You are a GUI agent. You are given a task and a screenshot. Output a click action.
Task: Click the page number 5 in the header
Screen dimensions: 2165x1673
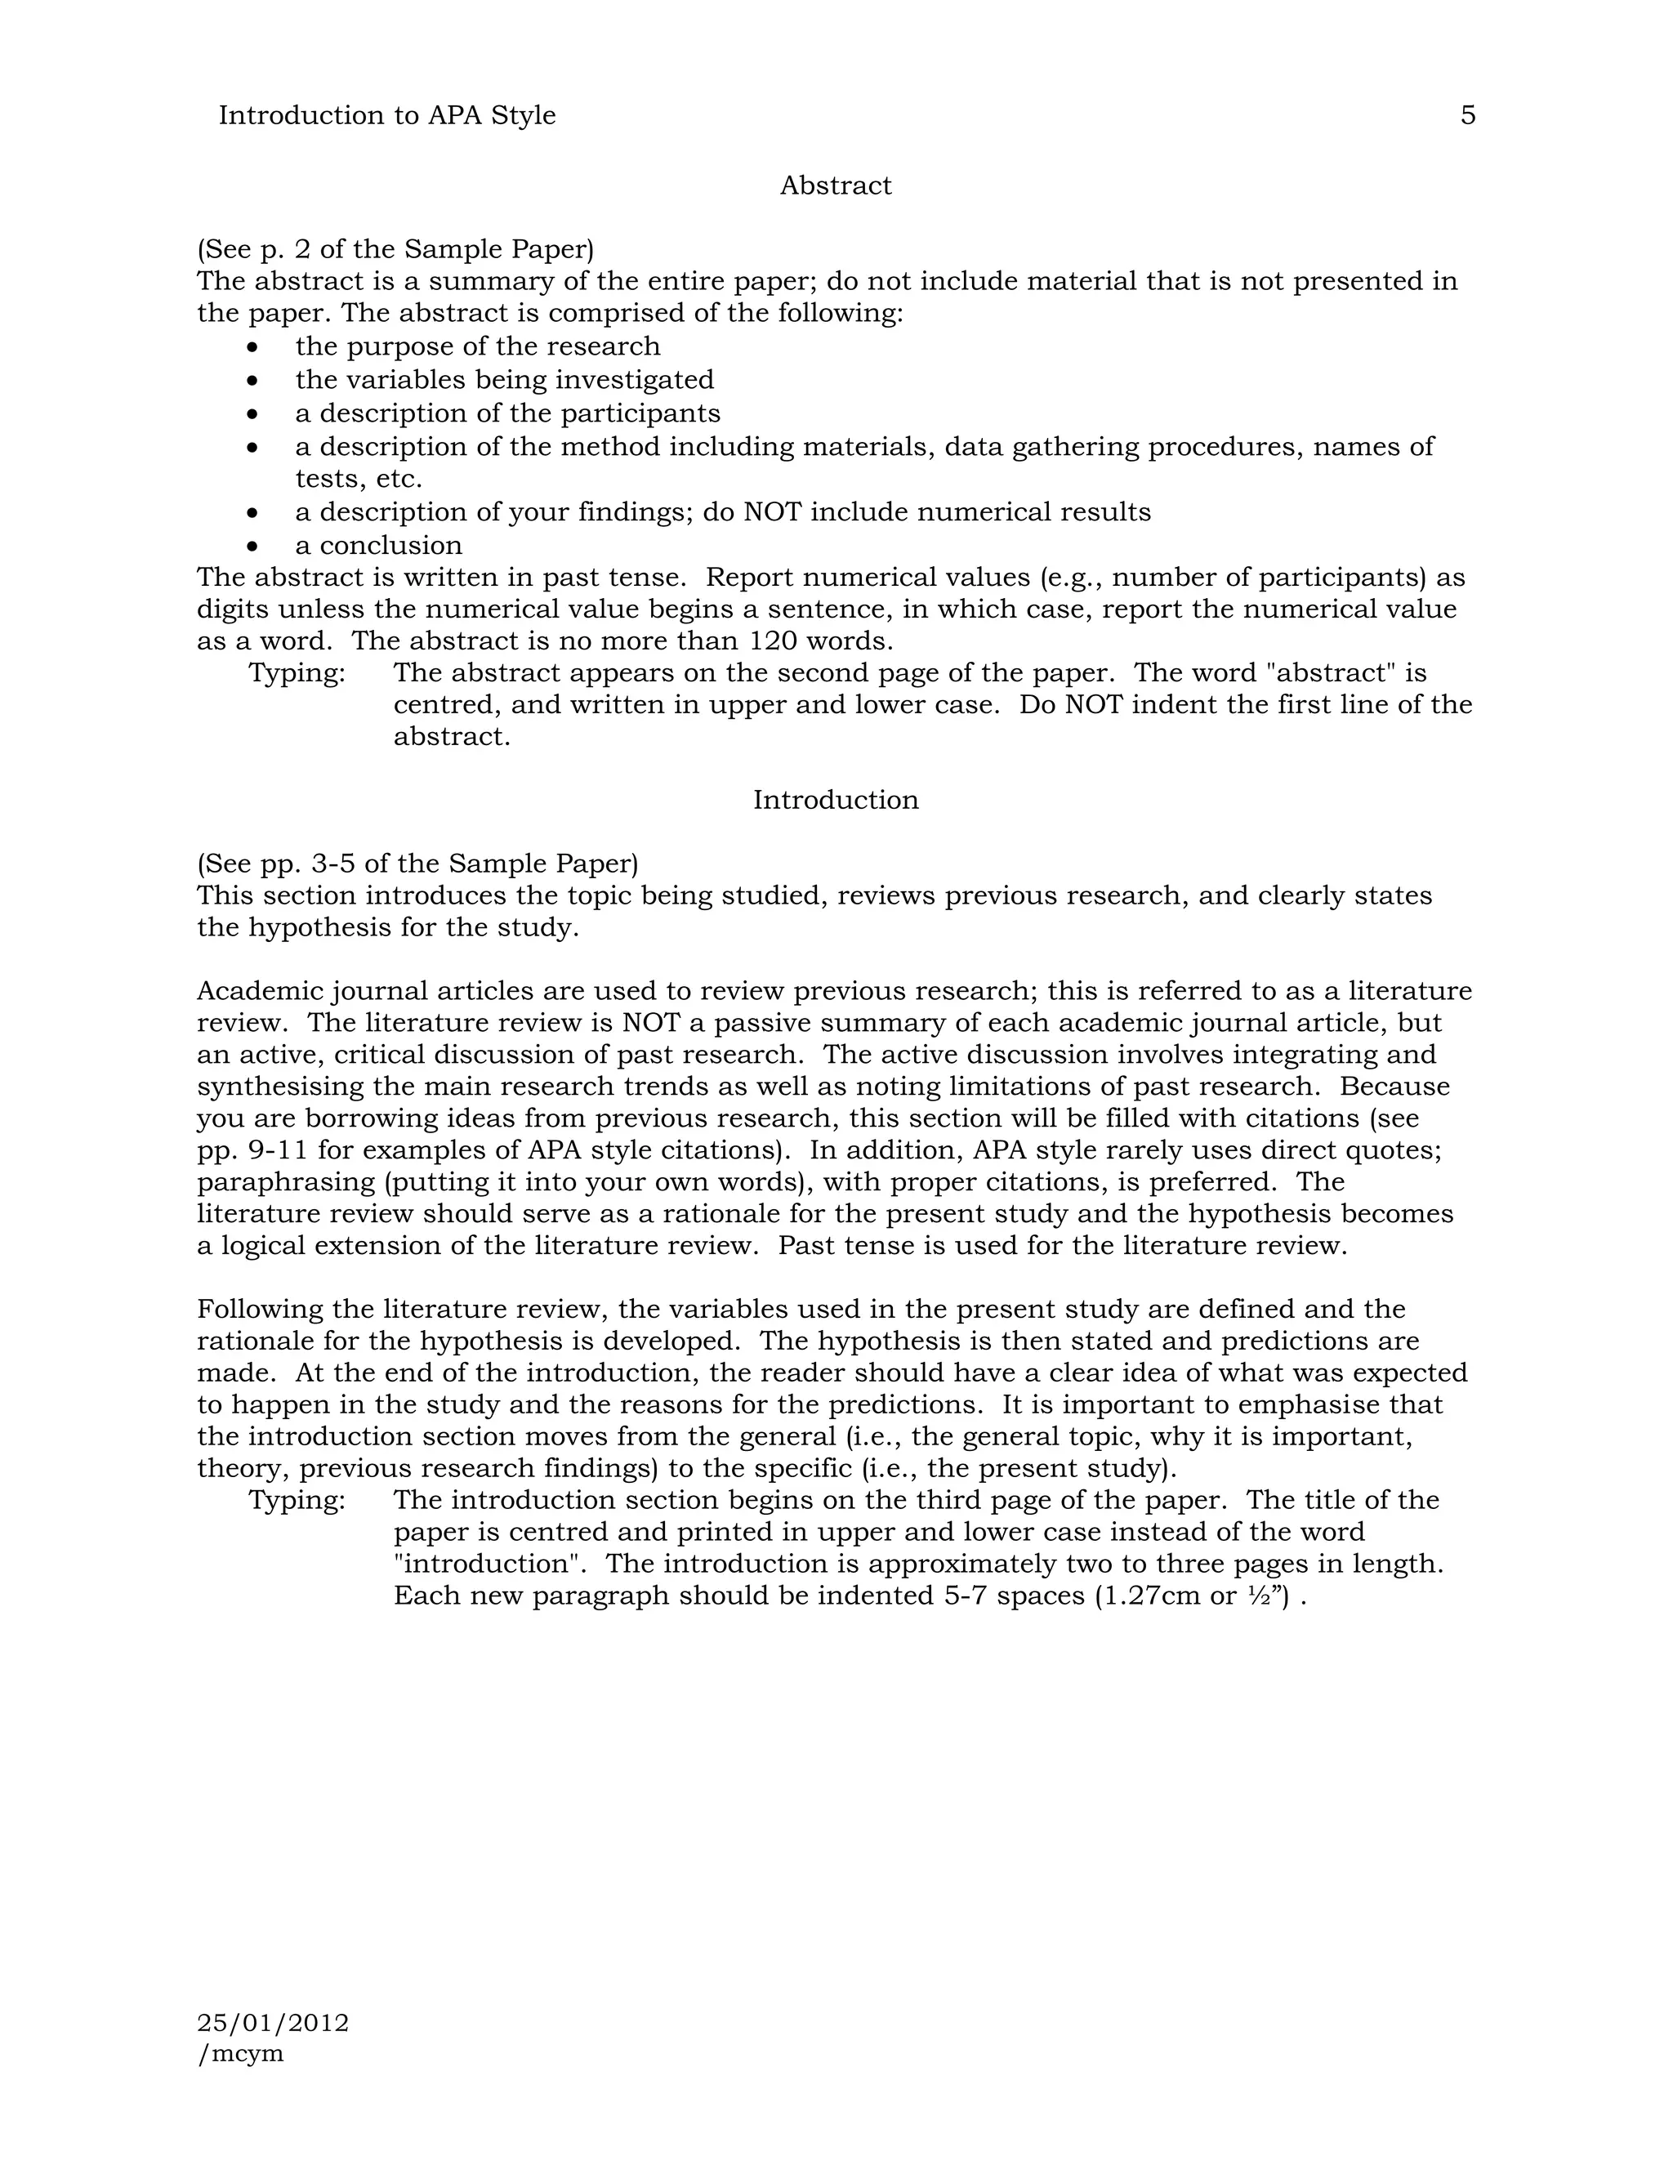1467,116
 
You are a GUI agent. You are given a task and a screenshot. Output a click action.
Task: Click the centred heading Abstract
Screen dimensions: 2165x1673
836,186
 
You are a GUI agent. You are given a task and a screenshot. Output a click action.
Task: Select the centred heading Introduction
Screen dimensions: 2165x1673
836,800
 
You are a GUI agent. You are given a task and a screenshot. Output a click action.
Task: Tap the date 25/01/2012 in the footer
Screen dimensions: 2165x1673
273,2022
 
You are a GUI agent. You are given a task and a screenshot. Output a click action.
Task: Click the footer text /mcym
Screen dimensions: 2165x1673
241,2053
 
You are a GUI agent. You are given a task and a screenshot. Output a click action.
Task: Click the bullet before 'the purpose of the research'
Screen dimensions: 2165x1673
254,347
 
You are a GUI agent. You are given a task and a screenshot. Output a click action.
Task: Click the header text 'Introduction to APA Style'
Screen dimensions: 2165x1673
386,116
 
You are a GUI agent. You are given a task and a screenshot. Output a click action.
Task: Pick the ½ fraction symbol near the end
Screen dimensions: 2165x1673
1256,1596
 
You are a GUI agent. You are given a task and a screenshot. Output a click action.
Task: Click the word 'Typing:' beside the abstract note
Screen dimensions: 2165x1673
297,673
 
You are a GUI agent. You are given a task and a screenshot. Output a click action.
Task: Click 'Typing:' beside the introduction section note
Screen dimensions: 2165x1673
297,1500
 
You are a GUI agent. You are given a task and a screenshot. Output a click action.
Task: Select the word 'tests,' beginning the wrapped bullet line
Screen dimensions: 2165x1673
331,480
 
